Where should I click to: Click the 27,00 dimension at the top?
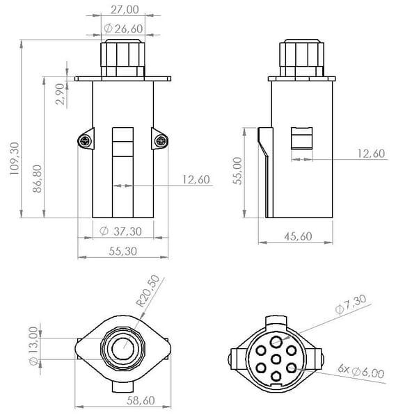pyautogui.click(x=125, y=10)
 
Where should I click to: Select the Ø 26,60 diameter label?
pyautogui.click(x=123, y=28)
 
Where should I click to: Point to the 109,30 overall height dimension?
pyautogui.click(x=15, y=158)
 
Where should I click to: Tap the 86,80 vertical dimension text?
pyautogui.click(x=38, y=179)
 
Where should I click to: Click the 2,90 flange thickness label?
pyautogui.click(x=60, y=94)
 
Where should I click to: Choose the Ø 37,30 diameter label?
pyautogui.click(x=120, y=231)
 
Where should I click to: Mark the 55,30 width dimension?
pyautogui.click(x=122, y=251)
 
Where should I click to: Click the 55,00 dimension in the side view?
pyautogui.click(x=237, y=171)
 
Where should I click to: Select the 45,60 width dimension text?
pyautogui.click(x=298, y=236)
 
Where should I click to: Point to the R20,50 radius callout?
pyautogui.click(x=148, y=291)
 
